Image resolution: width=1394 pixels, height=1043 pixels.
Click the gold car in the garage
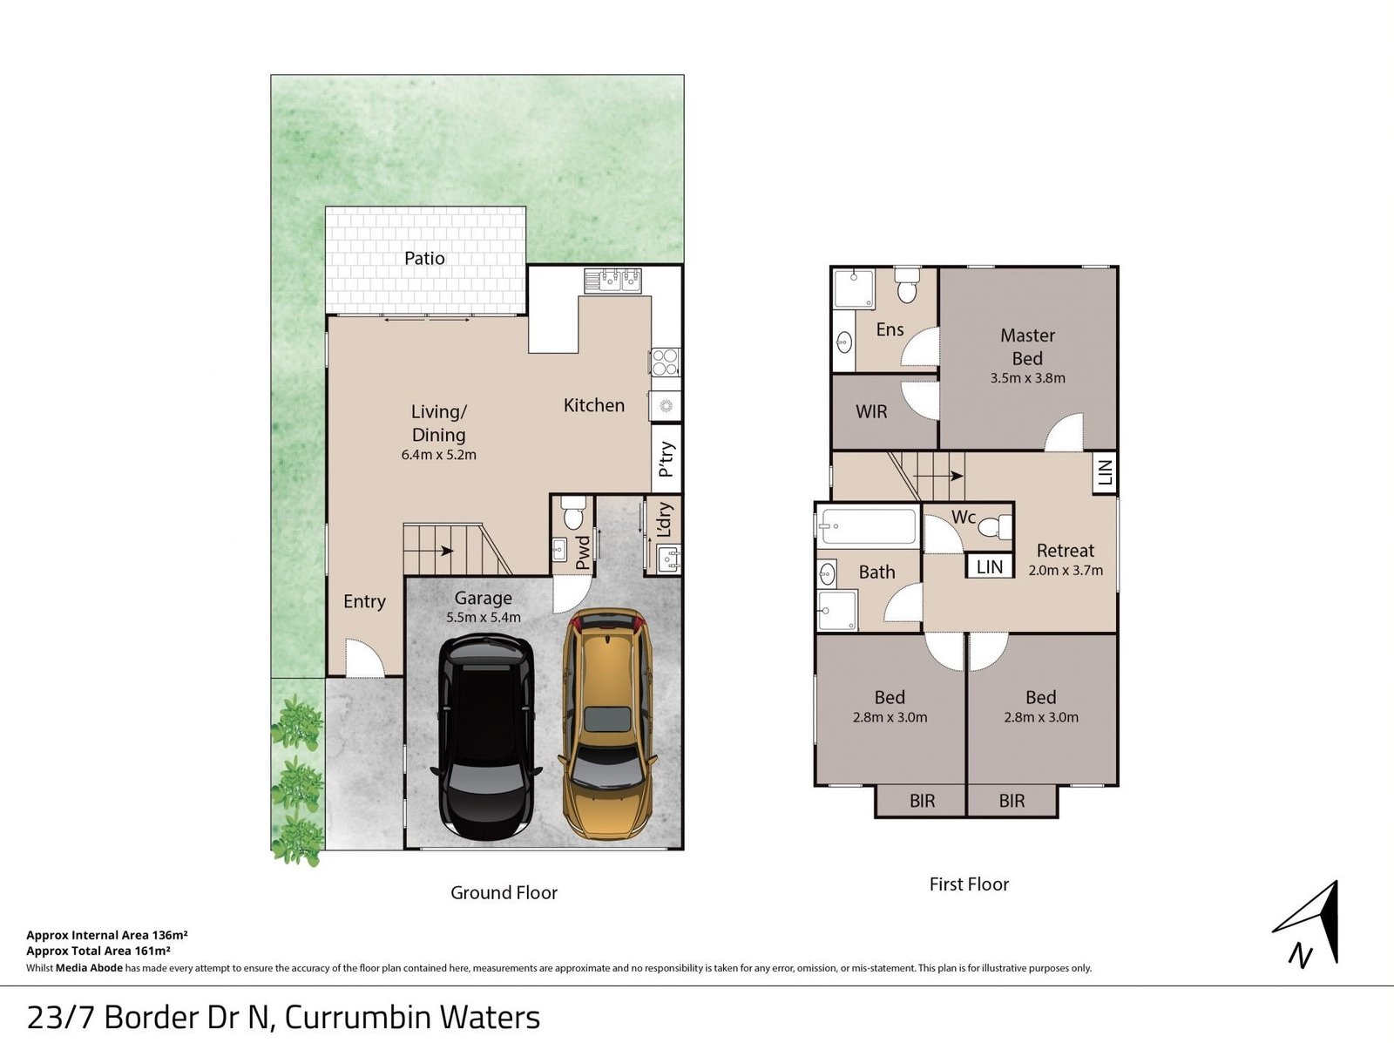(x=607, y=723)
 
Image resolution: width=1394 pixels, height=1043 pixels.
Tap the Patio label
(x=424, y=259)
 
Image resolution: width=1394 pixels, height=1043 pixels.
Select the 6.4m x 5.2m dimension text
(x=438, y=455)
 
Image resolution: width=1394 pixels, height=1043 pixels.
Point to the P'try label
(x=667, y=458)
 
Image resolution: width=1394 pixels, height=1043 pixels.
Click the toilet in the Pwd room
(x=572, y=513)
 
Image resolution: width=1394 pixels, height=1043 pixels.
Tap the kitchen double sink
(x=612, y=280)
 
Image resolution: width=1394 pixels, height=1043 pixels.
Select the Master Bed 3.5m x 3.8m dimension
(x=1027, y=378)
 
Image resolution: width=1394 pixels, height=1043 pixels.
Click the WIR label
(x=871, y=411)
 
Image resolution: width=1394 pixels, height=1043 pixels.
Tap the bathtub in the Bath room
(x=867, y=526)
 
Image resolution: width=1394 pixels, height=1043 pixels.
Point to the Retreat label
(x=1065, y=551)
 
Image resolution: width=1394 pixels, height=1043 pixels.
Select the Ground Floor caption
(x=504, y=892)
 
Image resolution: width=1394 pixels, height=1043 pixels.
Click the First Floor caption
(x=969, y=884)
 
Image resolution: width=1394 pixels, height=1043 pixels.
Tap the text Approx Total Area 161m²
(x=98, y=951)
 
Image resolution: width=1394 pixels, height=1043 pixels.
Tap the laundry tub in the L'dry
(x=668, y=558)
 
